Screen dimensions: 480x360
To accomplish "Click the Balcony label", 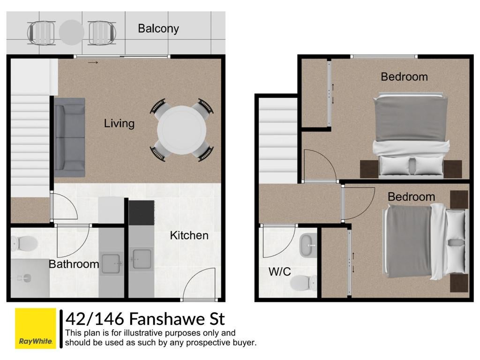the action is pyautogui.click(x=158, y=29).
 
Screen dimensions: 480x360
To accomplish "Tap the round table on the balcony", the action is pyautogui.click(x=71, y=32).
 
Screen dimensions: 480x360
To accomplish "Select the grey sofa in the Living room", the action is pyautogui.click(x=69, y=137).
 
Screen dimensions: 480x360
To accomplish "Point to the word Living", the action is pyautogui.click(x=119, y=124).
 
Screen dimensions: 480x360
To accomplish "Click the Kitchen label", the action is pyautogui.click(x=189, y=235).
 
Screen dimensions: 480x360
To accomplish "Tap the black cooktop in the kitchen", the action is pyautogui.click(x=141, y=213).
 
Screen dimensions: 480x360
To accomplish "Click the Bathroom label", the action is pyautogui.click(x=74, y=264).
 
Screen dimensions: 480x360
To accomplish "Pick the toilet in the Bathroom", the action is pyautogui.click(x=24, y=244).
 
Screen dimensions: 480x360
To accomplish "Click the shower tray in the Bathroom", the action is pyautogui.click(x=30, y=278).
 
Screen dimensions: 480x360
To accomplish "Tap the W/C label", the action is pyautogui.click(x=279, y=271).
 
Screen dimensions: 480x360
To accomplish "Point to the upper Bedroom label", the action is pyautogui.click(x=404, y=76).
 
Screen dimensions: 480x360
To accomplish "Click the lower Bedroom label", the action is pyautogui.click(x=411, y=196).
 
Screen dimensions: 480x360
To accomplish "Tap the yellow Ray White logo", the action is pyautogui.click(x=36, y=328).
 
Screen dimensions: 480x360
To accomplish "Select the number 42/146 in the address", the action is pyautogui.click(x=95, y=319).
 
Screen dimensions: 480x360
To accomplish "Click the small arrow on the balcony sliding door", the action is pyautogui.click(x=93, y=62).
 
